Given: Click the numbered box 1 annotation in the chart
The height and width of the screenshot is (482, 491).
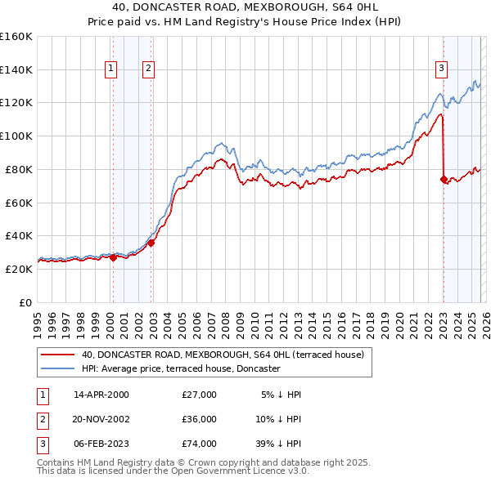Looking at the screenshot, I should [x=110, y=69].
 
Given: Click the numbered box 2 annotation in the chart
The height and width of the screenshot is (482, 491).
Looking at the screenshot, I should [x=148, y=69].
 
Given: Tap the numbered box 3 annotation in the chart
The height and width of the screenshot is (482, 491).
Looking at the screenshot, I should [x=441, y=69].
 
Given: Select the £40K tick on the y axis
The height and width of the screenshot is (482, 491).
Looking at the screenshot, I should [x=18, y=235].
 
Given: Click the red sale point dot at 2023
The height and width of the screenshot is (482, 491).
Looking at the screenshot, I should [x=444, y=179].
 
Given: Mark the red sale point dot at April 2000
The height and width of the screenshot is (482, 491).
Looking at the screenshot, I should [x=113, y=257].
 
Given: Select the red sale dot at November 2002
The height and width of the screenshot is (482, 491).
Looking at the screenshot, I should [x=151, y=242].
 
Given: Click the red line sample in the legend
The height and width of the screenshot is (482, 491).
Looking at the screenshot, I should [x=57, y=355].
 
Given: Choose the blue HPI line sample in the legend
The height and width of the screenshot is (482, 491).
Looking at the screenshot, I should [x=57, y=368].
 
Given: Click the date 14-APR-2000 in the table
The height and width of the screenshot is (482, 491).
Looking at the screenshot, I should [x=101, y=395].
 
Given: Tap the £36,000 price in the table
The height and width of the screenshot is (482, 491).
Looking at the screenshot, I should [x=199, y=419].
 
